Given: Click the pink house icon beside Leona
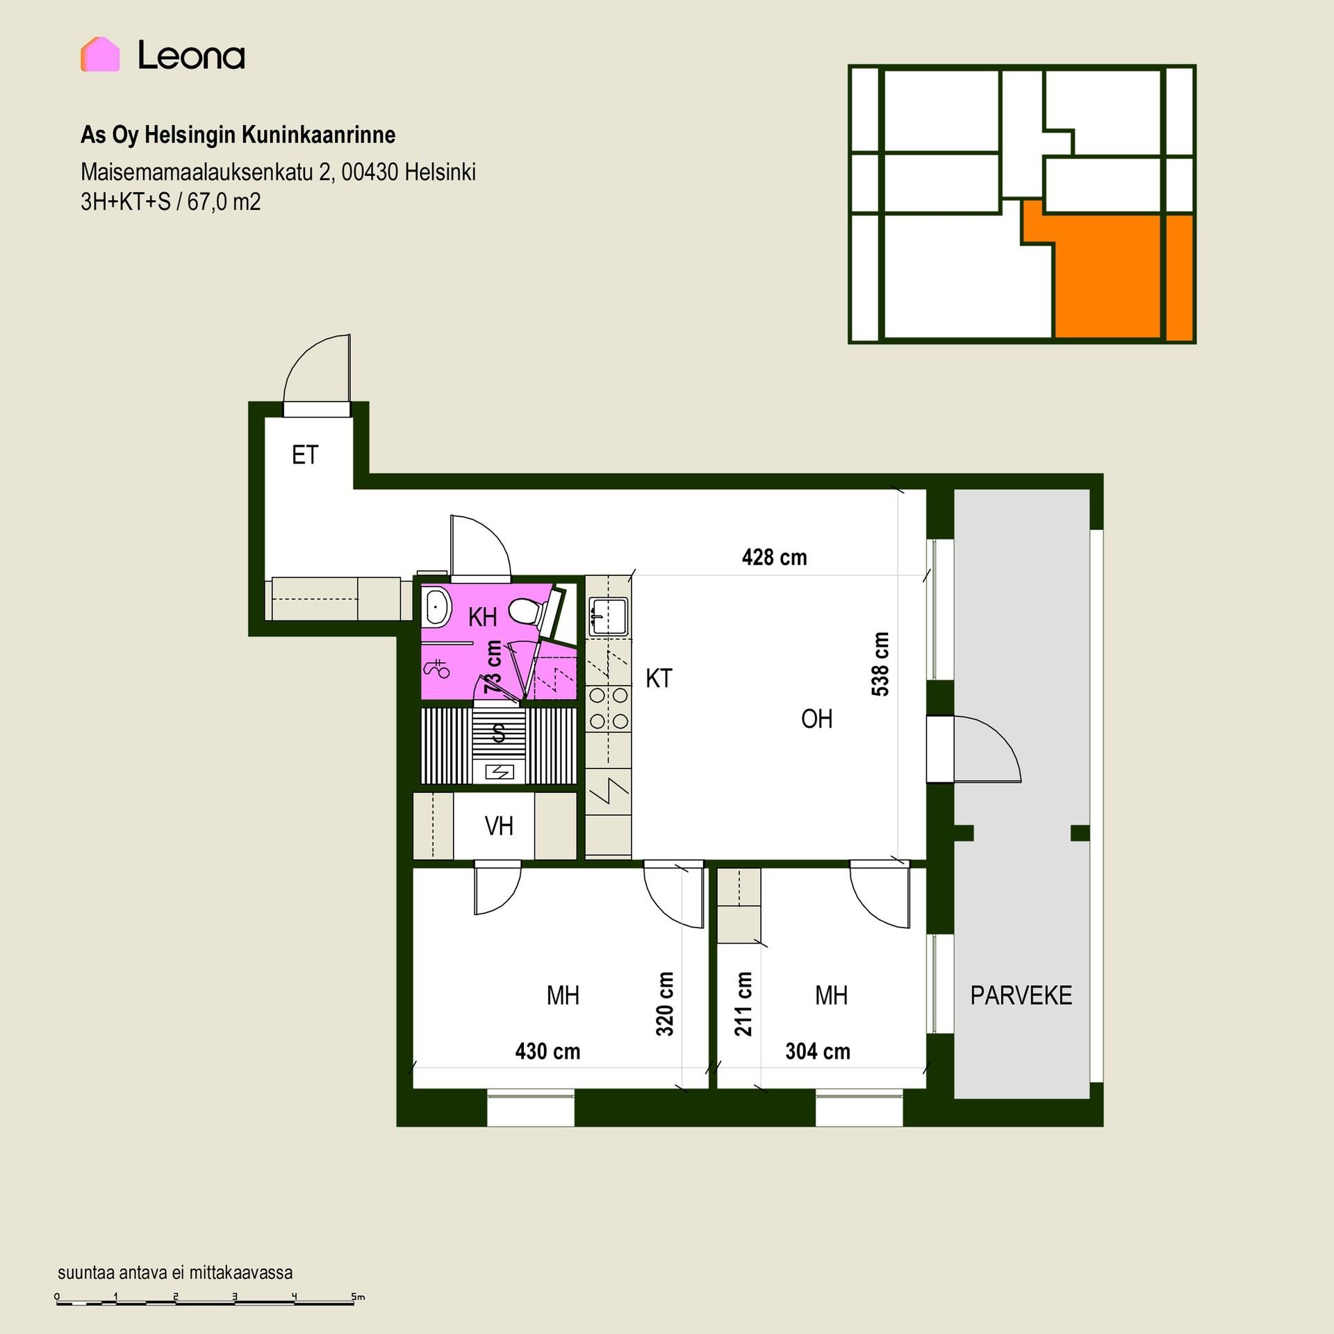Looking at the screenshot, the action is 100,54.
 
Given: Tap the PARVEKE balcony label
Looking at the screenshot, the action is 1021,996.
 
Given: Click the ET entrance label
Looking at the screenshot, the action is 305,455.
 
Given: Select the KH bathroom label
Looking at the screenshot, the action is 482,616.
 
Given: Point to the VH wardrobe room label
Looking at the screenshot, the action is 499,826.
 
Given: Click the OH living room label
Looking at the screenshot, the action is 816,719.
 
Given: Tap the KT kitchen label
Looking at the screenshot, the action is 659,678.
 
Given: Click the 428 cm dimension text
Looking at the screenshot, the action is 774,557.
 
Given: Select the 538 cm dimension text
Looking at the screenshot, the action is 880,664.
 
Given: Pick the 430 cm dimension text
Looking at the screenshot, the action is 547,1051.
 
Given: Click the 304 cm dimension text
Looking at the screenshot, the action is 818,1051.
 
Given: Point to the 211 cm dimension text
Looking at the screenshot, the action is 743,1004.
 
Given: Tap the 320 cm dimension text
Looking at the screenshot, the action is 665,1004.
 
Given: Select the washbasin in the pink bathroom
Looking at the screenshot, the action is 436,607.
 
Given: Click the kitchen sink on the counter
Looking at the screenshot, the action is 609,616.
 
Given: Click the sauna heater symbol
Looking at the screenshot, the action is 499,771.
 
